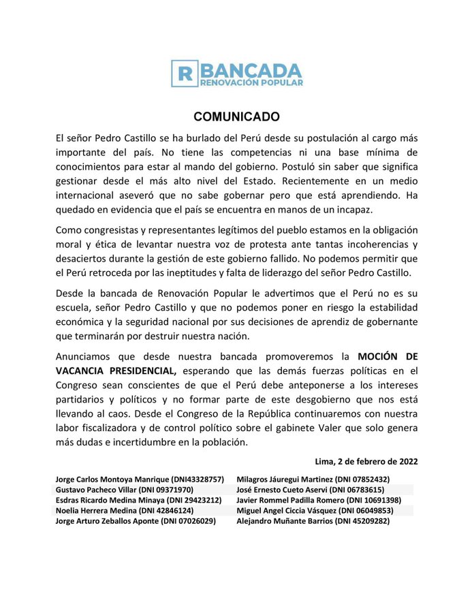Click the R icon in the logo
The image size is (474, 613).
click(x=185, y=74)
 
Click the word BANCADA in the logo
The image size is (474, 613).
click(x=251, y=69)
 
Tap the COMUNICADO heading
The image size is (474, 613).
click(x=236, y=116)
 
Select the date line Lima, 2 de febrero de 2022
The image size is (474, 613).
click(x=367, y=461)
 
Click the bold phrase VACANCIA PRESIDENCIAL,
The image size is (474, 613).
click(x=116, y=371)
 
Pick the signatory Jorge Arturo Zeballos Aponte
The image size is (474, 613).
click(x=107, y=520)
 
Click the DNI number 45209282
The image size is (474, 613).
click(x=369, y=520)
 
